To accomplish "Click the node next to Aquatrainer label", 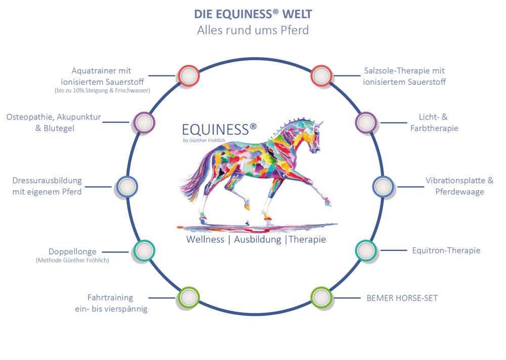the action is [189, 76].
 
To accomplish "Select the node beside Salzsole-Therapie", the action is [322, 76].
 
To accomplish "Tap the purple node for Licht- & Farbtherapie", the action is [366, 122].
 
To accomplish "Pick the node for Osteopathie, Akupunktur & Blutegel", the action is [144, 122].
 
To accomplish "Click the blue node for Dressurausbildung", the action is [127, 187].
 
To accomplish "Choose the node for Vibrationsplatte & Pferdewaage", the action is [383, 187].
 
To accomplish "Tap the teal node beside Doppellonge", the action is [144, 251].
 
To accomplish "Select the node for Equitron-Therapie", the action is [366, 251].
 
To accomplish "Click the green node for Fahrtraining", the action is [189, 297].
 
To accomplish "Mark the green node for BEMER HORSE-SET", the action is [322, 297].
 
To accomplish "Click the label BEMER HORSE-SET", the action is [402, 298].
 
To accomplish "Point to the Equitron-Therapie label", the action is [446, 251].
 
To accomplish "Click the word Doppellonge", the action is [72, 252].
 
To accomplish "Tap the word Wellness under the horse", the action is [205, 240].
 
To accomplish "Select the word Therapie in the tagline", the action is [307, 240].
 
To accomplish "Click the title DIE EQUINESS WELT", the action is [253, 14].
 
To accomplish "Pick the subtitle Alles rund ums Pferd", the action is [253, 30].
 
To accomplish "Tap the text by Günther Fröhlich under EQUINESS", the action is [204, 141].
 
